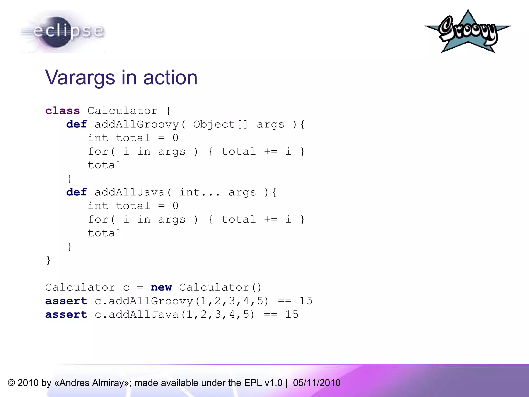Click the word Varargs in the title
pyautogui.click(x=80, y=78)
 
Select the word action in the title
pyautogui.click(x=170, y=78)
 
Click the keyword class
pyautogui.click(x=63, y=111)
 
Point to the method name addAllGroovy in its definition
pyautogui.click(x=137, y=125)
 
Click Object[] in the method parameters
pyautogui.click(x=220, y=125)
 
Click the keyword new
pyautogui.click(x=161, y=287)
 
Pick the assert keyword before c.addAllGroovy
pyautogui.click(x=66, y=301)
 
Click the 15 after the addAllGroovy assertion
pyautogui.click(x=306, y=301)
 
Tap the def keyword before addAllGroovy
pyautogui.click(x=76, y=125)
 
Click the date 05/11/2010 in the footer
pyautogui.click(x=317, y=383)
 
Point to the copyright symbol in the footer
pyautogui.click(x=11, y=383)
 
